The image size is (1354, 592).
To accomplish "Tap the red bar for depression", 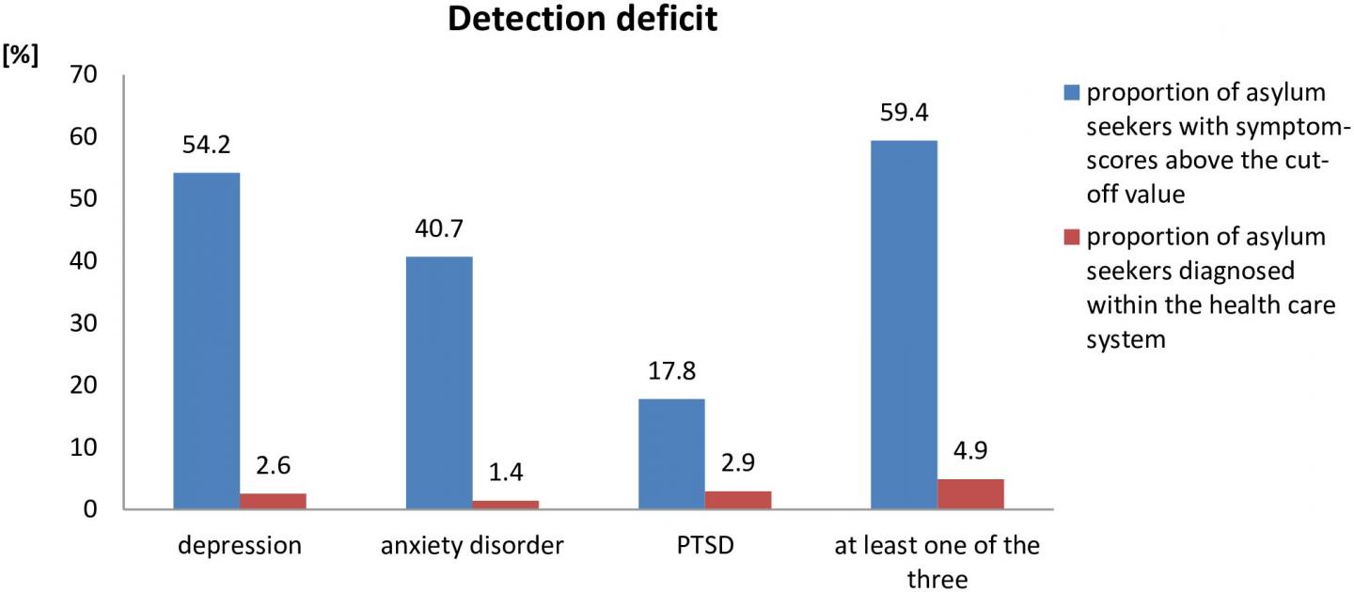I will point(273,501).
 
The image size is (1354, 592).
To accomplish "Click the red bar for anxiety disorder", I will point(505,505).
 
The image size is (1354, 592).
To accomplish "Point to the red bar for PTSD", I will point(738,500).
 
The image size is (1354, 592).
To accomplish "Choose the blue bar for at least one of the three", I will point(904,325).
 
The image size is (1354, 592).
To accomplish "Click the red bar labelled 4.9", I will point(970,494).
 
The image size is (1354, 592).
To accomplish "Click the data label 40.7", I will point(439,229).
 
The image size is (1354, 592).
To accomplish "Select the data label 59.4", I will point(904,114).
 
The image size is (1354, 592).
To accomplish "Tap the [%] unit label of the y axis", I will point(20,55).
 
